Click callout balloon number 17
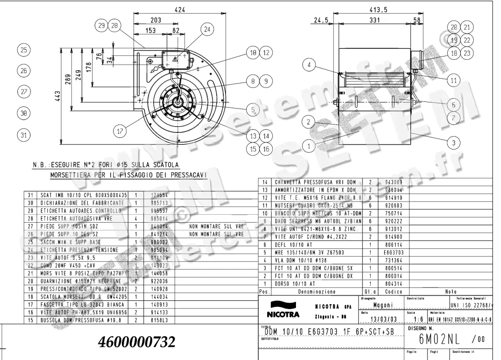coord(120,131)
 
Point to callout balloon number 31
coord(24,134)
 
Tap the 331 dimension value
coord(376,20)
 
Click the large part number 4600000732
coord(137,342)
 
